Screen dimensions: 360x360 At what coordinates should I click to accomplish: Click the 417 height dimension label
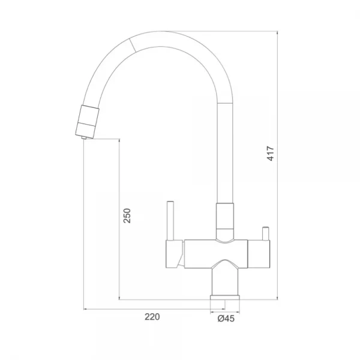pos(271,154)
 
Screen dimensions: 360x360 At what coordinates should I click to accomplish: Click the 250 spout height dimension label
pos(127,215)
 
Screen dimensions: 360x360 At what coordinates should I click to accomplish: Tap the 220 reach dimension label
pos(152,317)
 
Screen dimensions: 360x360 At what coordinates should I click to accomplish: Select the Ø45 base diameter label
pos(226,319)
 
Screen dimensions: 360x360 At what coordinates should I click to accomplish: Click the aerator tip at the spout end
pos(84,137)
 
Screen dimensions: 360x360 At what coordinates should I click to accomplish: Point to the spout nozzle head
pos(87,121)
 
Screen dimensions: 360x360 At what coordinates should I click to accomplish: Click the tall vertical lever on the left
pos(170,221)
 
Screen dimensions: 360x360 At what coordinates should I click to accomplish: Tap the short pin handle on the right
pos(266,233)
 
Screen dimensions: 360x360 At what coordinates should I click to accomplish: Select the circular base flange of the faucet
pos(225,298)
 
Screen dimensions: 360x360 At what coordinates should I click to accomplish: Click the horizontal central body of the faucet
pos(216,254)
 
